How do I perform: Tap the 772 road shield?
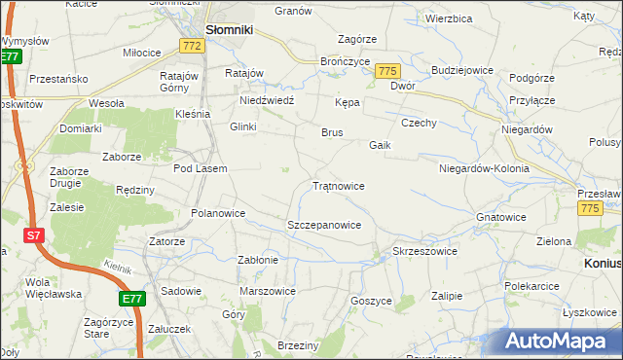(193, 47)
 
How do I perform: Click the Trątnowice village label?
(339, 185)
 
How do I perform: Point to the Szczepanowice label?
(324, 225)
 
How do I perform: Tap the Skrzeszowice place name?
(423, 251)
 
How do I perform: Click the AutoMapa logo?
(560, 341)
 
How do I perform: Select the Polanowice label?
(218, 213)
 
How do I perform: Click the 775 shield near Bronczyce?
(388, 71)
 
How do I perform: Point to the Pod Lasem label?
(201, 168)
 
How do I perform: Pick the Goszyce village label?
(370, 302)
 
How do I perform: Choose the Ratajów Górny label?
(180, 82)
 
